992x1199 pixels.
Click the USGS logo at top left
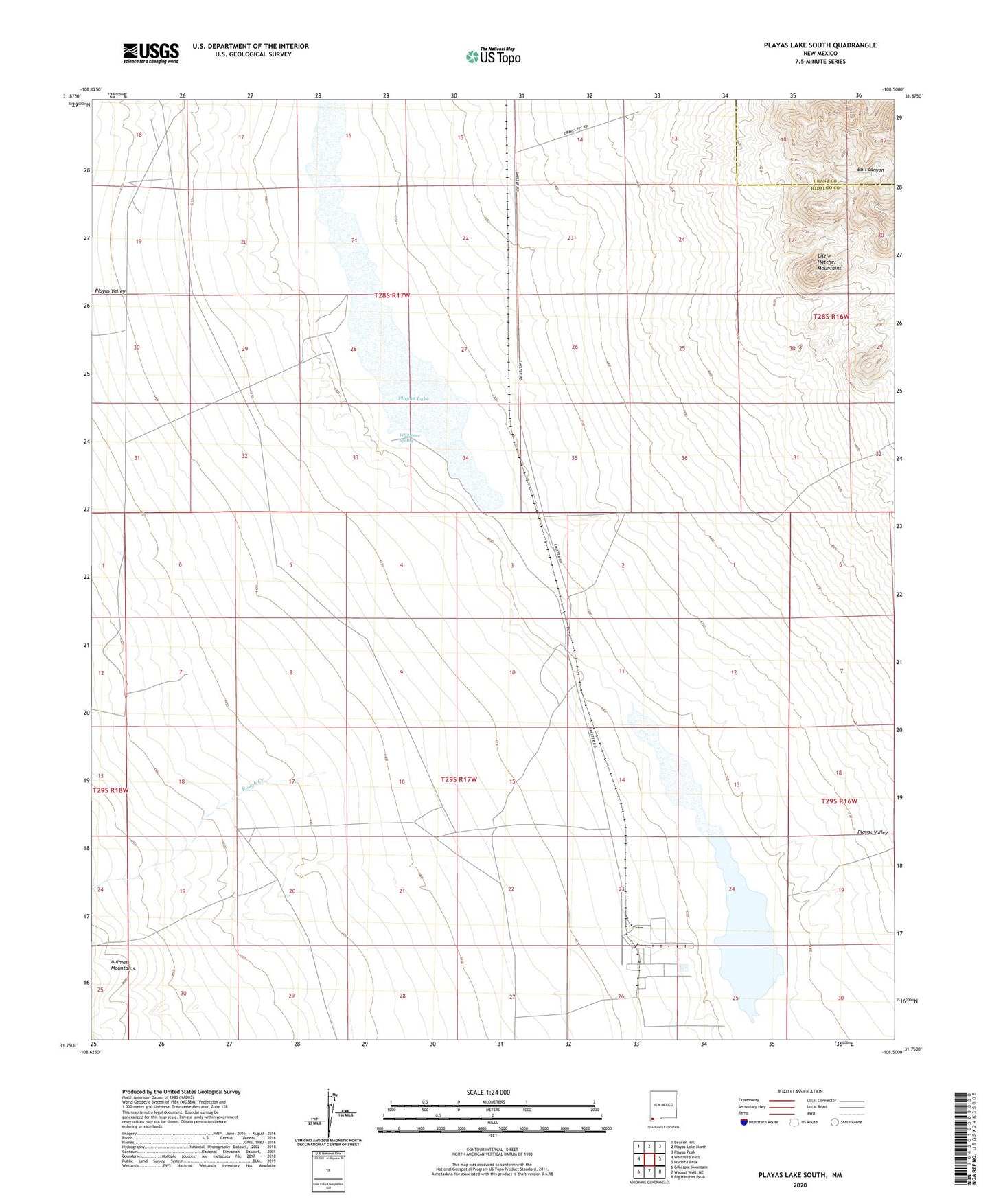click(151, 52)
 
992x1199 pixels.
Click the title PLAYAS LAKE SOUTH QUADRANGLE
click(820, 45)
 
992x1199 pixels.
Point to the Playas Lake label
click(413, 398)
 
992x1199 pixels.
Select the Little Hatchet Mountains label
click(829, 262)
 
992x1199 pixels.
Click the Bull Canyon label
click(870, 170)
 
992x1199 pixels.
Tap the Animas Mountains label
click(123, 965)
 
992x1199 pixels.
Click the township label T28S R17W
click(391, 295)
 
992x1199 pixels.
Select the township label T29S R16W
click(839, 801)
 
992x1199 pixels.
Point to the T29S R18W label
click(111, 790)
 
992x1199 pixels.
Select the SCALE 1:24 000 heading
click(488, 1092)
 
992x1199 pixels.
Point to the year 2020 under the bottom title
click(800, 1185)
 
